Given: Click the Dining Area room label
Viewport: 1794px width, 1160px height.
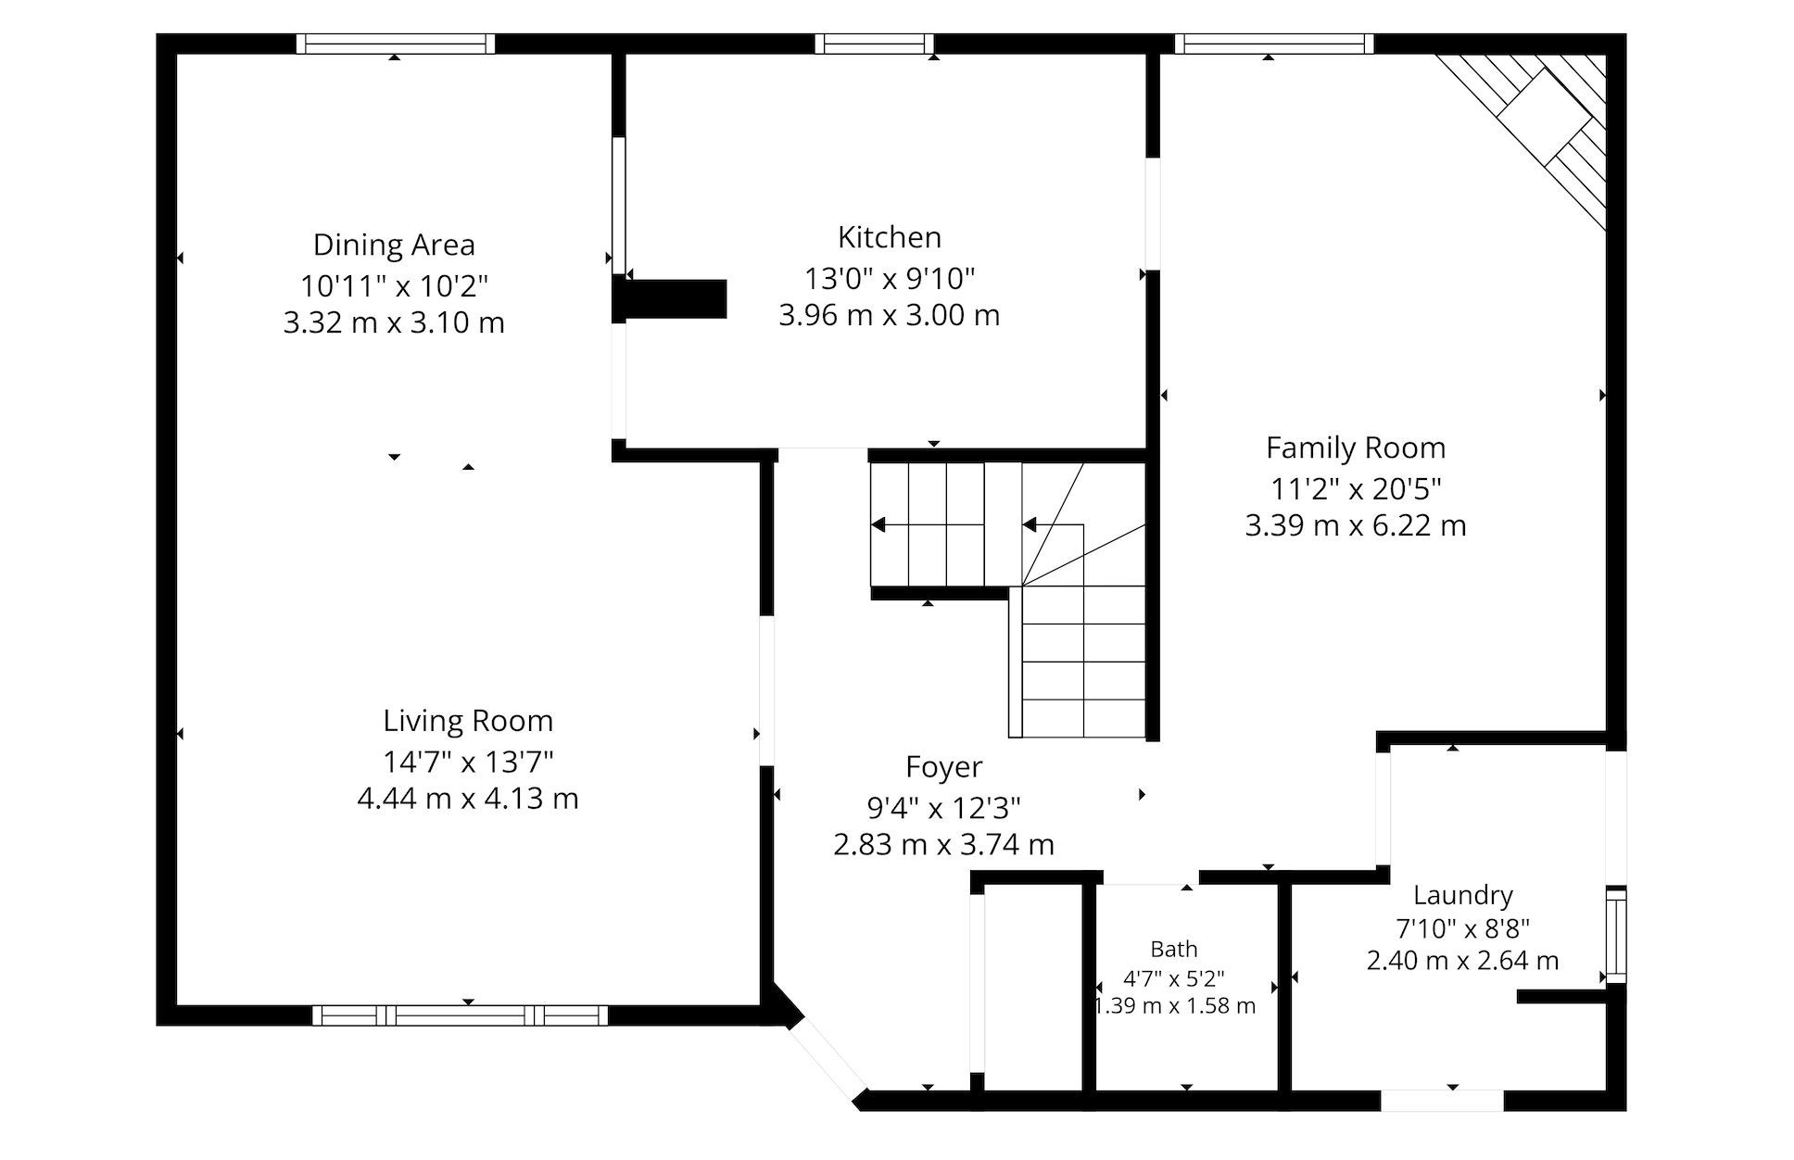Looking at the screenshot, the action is (x=394, y=245).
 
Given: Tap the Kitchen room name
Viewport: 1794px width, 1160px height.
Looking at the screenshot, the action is (x=890, y=237).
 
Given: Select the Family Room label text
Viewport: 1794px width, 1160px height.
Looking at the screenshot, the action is (x=1356, y=448).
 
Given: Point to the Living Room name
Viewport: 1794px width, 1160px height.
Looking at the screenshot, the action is (x=468, y=721).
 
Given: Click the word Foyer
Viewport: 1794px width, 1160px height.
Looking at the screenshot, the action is (x=944, y=767).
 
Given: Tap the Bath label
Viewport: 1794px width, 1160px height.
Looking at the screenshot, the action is (x=1174, y=949).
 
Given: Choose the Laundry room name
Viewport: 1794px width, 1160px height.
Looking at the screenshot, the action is (x=1463, y=895).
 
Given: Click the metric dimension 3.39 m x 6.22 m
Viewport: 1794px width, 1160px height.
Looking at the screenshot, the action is (x=1356, y=525).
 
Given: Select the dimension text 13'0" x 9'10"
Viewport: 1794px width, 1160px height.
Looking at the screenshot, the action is (x=890, y=277).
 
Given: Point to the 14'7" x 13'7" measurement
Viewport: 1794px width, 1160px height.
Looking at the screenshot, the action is (x=468, y=762).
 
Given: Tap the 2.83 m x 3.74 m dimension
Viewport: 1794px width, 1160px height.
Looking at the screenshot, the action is (x=944, y=844).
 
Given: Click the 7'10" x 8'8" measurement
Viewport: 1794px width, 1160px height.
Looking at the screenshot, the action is (x=1463, y=927).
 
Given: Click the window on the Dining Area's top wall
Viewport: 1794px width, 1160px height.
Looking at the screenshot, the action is (x=396, y=44).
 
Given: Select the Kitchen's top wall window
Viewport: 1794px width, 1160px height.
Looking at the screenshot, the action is (x=875, y=44).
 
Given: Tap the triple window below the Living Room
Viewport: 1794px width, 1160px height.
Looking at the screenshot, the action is (x=460, y=1015).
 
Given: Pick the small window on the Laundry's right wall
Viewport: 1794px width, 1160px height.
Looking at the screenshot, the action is (x=1616, y=935).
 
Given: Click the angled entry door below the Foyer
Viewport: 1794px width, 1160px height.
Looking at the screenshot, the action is (x=828, y=1056).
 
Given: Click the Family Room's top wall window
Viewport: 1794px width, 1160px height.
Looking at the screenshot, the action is (x=1274, y=44).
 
